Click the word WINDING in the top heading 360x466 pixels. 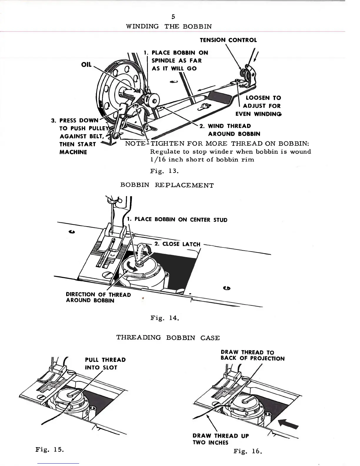142,26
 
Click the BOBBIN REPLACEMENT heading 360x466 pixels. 167,185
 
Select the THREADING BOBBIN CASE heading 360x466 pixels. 168,338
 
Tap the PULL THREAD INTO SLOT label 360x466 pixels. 105,364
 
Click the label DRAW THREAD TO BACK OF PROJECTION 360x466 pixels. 252,355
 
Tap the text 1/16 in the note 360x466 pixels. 157,159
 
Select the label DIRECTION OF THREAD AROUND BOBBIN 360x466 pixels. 98,297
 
